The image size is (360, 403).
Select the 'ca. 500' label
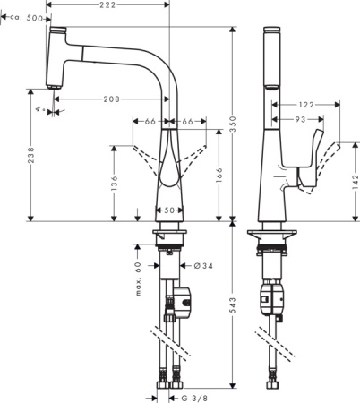[x=30, y=17]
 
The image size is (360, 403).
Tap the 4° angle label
[x=39, y=110]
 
